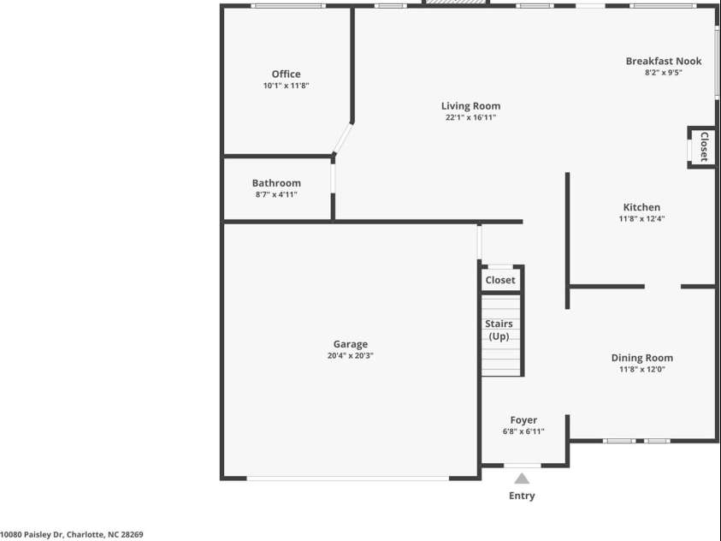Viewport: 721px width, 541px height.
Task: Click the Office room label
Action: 286,74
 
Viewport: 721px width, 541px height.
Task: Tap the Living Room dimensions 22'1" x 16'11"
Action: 470,118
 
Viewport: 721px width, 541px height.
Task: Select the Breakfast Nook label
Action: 664,61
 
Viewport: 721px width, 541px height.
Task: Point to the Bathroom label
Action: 276,183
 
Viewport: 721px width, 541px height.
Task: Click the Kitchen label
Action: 641,207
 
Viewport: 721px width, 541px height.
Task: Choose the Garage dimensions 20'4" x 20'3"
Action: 350,356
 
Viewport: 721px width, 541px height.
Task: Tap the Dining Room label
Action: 641,358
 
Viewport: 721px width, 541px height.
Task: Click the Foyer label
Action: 523,420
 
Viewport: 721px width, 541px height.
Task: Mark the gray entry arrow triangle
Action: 522,479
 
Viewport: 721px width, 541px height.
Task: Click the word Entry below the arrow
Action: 522,496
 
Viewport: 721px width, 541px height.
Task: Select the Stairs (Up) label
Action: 499,330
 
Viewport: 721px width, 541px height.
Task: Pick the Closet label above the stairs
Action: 500,280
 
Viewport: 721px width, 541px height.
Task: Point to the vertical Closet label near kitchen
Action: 704,146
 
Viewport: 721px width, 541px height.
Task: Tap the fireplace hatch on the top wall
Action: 455,3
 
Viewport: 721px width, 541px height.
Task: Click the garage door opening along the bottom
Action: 348,478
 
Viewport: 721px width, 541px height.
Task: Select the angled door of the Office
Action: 344,139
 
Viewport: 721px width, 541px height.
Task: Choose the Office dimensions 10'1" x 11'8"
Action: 286,86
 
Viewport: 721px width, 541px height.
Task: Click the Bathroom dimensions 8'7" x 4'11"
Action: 276,195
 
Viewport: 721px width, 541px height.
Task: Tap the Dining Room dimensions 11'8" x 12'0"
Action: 641,370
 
